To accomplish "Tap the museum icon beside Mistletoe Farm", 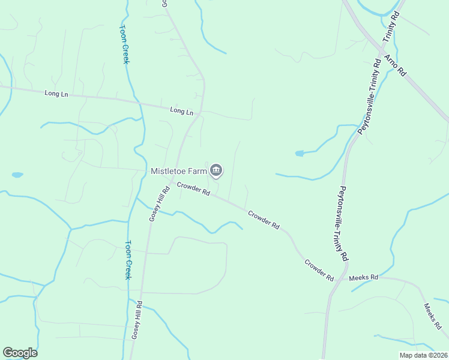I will click(217, 171).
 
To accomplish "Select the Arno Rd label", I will click(395, 65).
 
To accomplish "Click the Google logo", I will click(20, 353).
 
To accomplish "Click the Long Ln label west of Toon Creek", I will click(56, 94).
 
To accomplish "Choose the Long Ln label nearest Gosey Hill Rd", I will click(182, 111).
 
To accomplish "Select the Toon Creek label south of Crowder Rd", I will click(128, 260).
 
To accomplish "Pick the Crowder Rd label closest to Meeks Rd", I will click(319, 271).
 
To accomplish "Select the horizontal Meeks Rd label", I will click(366, 277).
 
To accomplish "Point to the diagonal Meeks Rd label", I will click(432, 316).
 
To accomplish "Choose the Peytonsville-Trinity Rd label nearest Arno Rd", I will click(369, 96).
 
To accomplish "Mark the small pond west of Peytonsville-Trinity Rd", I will click(299, 154).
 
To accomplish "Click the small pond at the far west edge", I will click(17, 175).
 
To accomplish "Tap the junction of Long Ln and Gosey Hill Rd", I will click(201, 112).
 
